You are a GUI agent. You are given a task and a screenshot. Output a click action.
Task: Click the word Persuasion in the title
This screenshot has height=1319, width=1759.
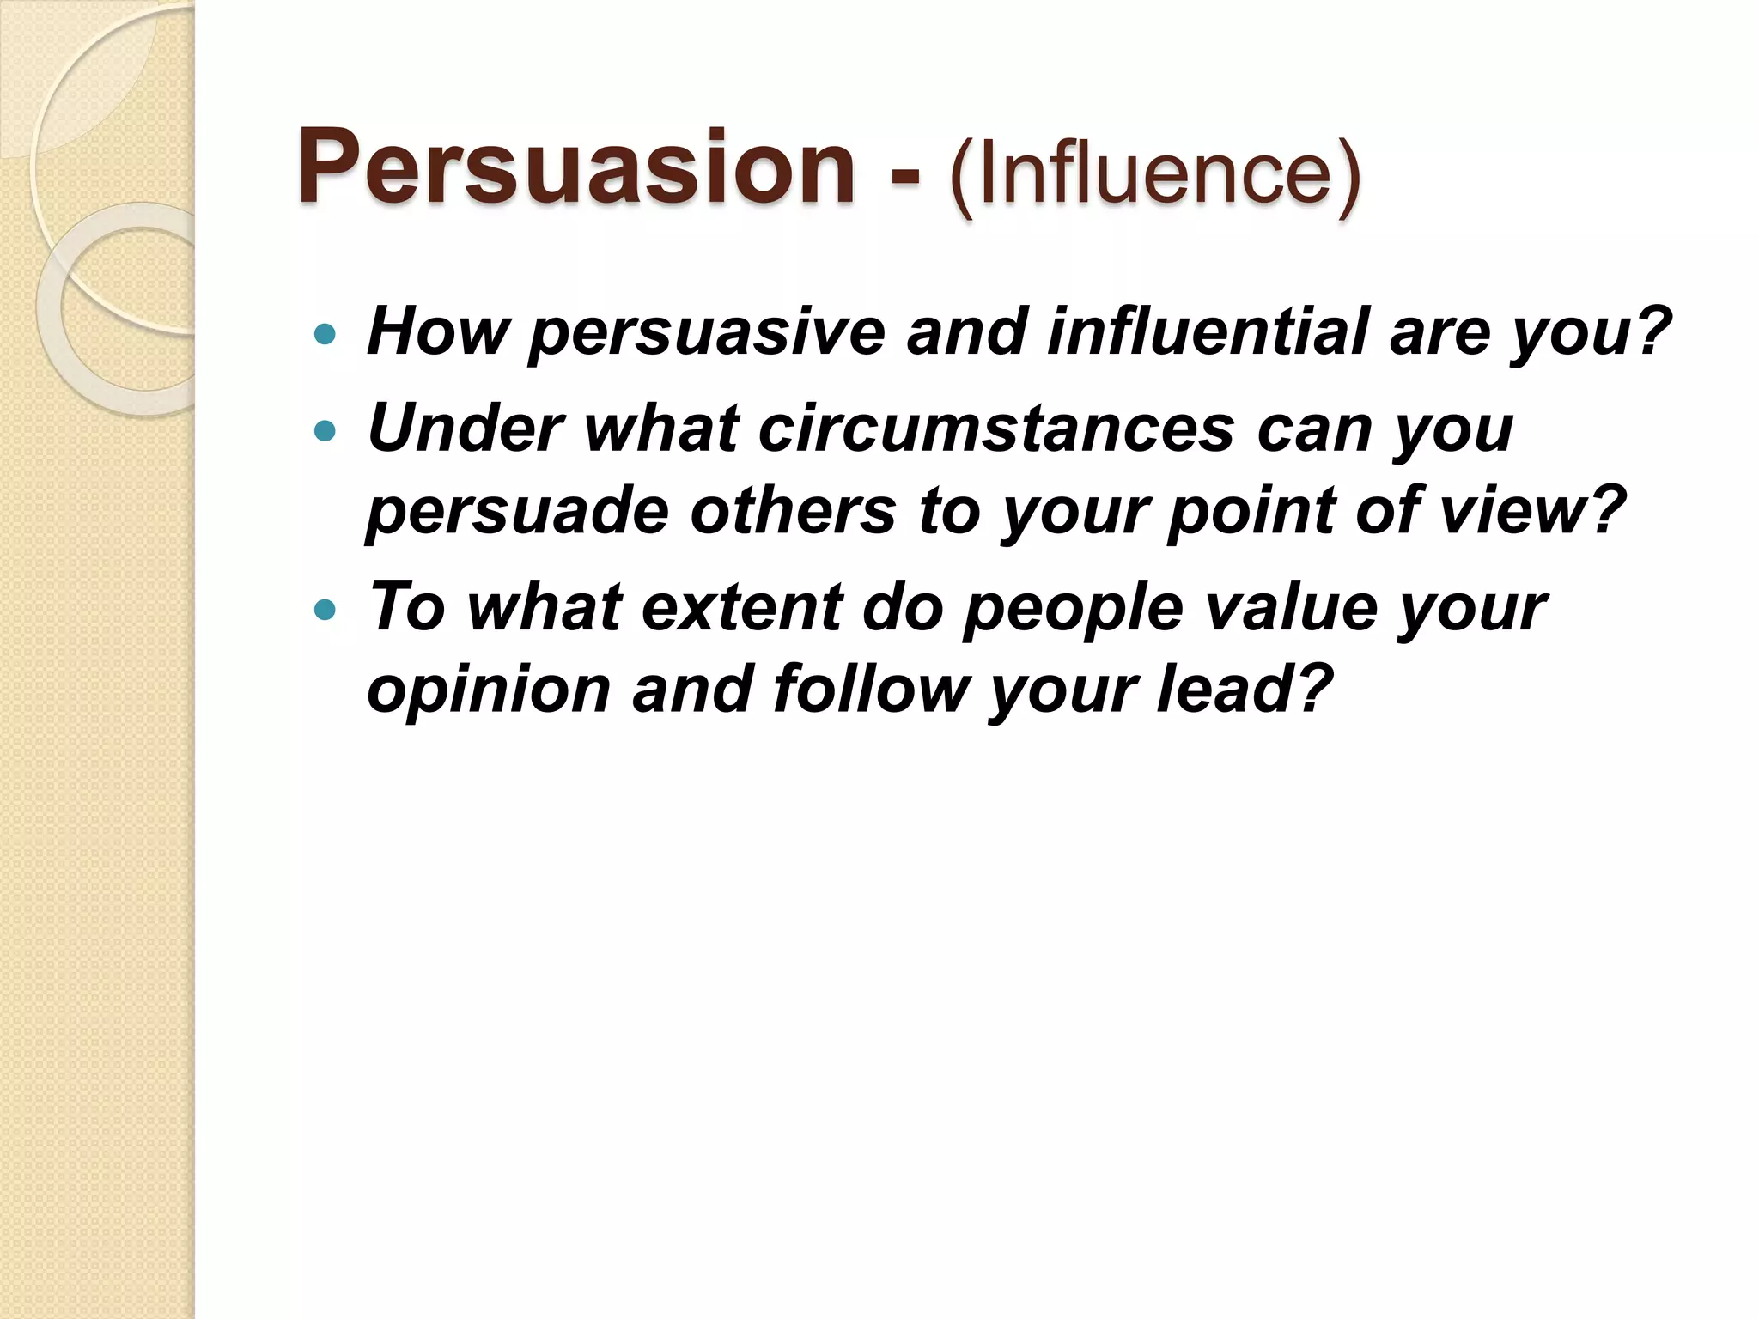[575, 167]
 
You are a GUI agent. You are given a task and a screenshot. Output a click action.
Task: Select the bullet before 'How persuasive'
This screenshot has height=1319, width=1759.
[325, 334]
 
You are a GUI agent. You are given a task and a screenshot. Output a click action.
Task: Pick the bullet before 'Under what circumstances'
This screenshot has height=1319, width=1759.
[325, 430]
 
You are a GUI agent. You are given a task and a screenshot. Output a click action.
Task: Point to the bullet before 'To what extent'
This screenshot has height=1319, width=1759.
[325, 611]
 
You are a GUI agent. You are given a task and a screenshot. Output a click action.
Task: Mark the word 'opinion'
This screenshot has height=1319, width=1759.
[488, 692]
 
